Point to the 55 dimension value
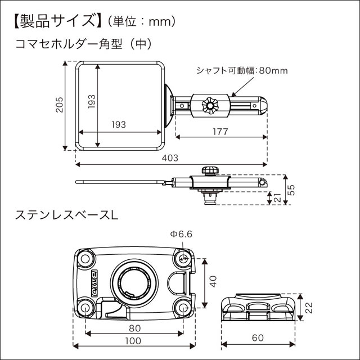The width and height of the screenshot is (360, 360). pos(291,191)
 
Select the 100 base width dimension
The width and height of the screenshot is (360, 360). pos(133,341)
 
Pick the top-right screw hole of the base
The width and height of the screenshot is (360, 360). pos(182,257)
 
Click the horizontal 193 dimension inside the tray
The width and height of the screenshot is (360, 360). pos(118,124)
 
